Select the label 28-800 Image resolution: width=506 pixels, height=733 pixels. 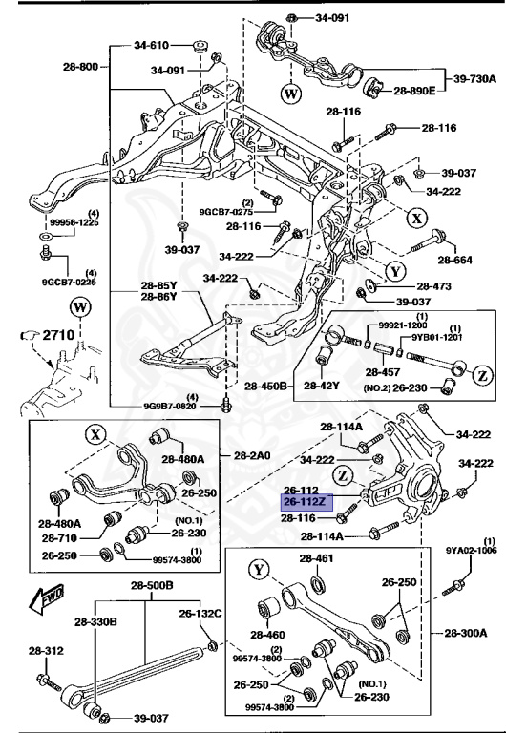80,68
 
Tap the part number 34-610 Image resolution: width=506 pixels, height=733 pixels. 151,45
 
